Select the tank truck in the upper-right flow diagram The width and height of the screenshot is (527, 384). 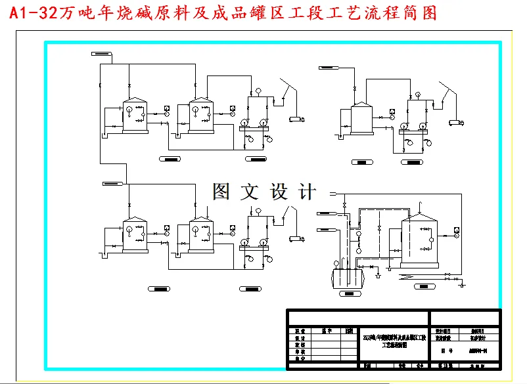[x=455, y=121]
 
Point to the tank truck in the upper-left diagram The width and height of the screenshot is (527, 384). [x=297, y=119]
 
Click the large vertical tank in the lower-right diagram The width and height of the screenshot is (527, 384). [x=420, y=240]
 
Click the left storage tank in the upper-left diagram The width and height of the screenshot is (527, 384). [x=135, y=116]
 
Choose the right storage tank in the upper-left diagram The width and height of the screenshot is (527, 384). [x=200, y=116]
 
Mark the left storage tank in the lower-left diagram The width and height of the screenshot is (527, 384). [x=135, y=236]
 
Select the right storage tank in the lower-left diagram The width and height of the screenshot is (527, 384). [x=200, y=236]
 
